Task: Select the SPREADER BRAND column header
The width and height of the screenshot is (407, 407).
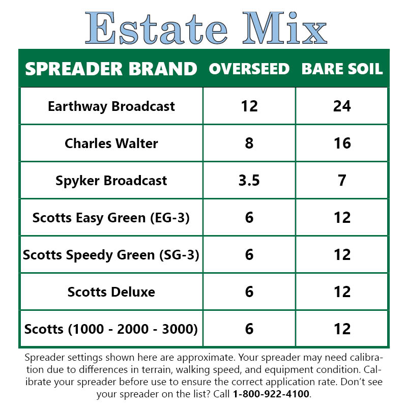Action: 111,69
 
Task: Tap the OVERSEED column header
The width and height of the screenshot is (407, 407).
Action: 249,69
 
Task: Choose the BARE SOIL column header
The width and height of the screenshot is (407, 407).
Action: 342,69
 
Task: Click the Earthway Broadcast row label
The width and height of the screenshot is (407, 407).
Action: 111,106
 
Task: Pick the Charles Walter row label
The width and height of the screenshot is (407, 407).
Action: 111,143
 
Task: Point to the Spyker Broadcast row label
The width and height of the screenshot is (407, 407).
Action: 111,181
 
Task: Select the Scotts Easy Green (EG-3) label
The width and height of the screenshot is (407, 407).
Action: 111,218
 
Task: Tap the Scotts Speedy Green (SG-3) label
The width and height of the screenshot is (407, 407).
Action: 111,254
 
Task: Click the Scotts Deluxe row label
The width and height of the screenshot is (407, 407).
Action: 111,292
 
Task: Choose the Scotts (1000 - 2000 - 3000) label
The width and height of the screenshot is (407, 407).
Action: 111,329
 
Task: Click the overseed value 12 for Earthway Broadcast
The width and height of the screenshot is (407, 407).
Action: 249,106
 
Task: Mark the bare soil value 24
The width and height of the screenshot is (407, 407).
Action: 342,106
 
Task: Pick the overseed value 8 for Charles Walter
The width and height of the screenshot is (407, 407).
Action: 249,143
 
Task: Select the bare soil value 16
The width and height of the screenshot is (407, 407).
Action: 342,143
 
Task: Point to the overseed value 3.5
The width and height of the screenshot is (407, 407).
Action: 249,181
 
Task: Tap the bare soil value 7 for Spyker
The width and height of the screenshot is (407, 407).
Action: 342,181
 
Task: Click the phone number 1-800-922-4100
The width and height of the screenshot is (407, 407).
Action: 271,394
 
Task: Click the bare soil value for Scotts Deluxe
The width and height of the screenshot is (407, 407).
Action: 342,292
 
